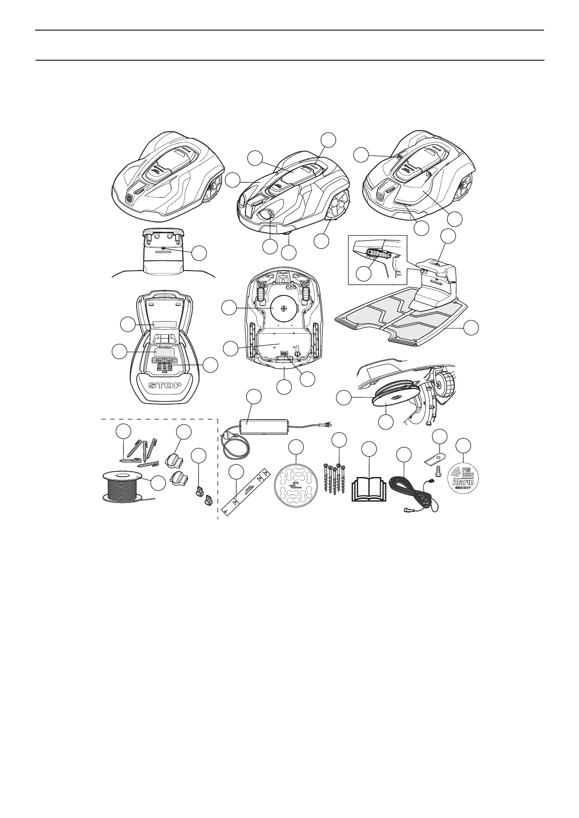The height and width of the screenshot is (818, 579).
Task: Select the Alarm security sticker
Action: click(464, 478)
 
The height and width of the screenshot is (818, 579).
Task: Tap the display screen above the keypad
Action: click(163, 352)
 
